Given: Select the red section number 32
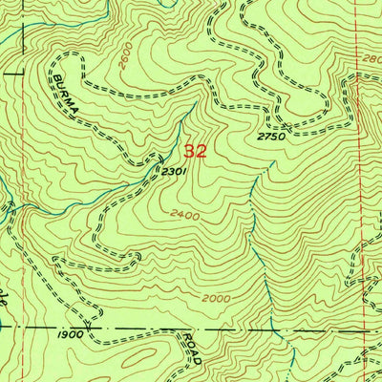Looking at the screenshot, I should [x=195, y=151].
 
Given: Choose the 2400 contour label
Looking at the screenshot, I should [x=185, y=215].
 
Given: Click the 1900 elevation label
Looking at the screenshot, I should [x=69, y=335].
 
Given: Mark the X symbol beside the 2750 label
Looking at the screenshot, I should [x=286, y=126].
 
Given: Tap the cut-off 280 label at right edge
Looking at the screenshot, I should [x=371, y=57].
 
